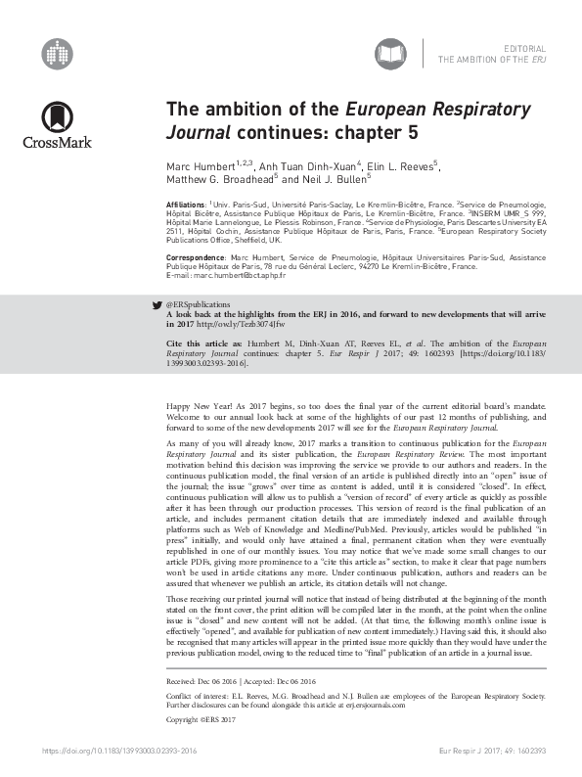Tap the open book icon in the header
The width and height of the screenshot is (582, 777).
coord(390,53)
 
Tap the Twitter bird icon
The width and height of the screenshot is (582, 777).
coord(158,305)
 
